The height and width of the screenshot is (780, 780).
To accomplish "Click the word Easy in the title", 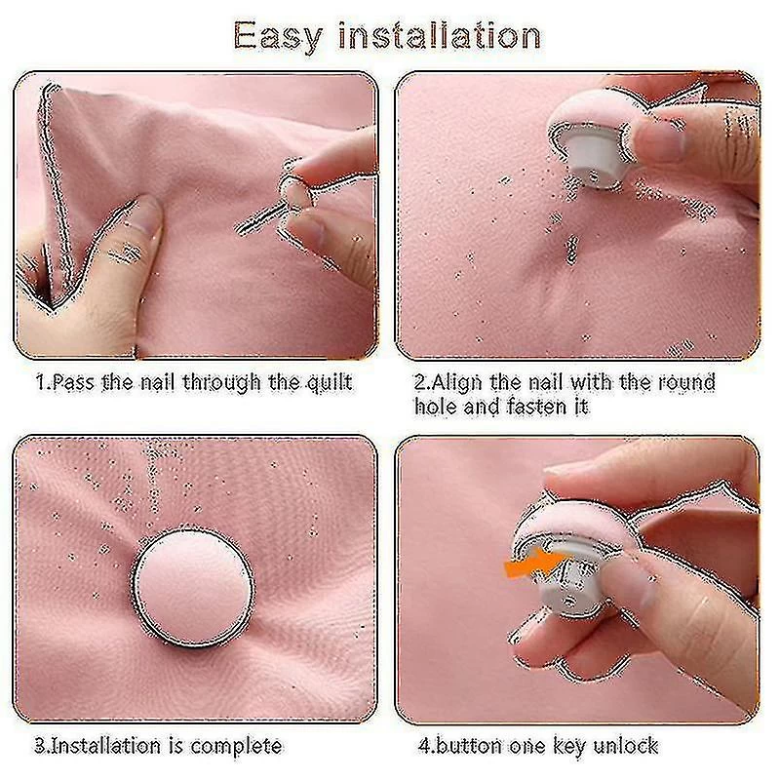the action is [x=278, y=37].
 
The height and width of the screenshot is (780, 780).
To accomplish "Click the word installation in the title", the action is [x=440, y=35].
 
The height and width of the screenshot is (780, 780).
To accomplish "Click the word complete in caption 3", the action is [x=236, y=747].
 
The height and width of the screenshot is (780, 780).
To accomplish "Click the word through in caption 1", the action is [x=221, y=383].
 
